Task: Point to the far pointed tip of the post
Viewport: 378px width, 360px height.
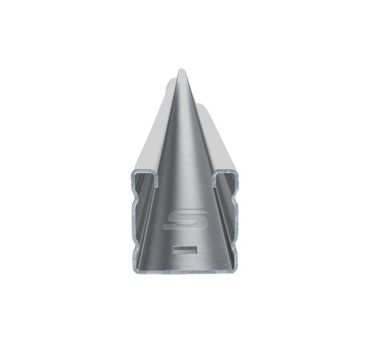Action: click(x=182, y=72)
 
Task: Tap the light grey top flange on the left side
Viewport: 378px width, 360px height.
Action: click(x=151, y=140)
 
